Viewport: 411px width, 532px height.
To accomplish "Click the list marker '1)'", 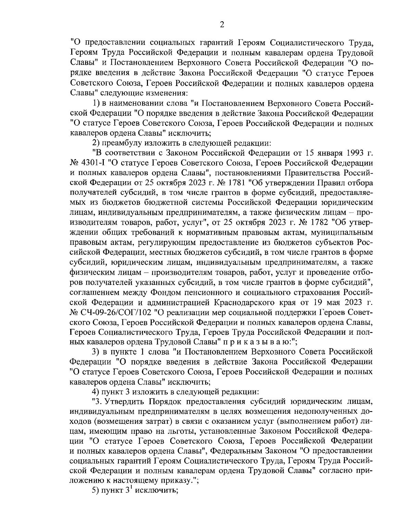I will point(97,103).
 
